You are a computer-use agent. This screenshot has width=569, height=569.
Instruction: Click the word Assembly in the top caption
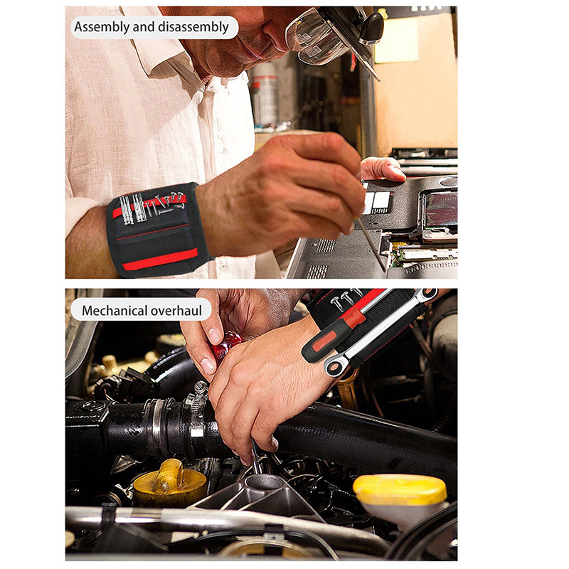coord(102,27)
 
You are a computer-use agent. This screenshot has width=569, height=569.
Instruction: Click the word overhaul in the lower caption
coord(176,311)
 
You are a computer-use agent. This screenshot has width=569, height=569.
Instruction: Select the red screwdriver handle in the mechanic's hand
coord(226,346)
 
